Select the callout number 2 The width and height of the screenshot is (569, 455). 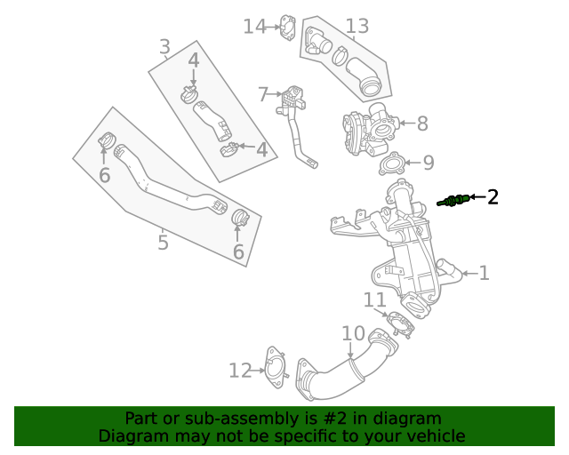[492, 197]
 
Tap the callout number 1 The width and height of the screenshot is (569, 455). [484, 273]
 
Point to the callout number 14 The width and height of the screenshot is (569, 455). [254, 27]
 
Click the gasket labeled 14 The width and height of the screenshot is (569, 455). [287, 27]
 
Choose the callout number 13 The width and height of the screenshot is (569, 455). [357, 27]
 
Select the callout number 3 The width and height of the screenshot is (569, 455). [164, 46]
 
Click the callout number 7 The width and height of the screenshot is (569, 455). [263, 93]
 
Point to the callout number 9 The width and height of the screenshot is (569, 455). [428, 163]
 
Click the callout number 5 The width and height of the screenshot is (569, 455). [163, 242]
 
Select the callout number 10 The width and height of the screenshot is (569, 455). [353, 334]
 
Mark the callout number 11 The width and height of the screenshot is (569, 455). [374, 300]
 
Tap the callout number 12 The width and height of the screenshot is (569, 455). [240, 371]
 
